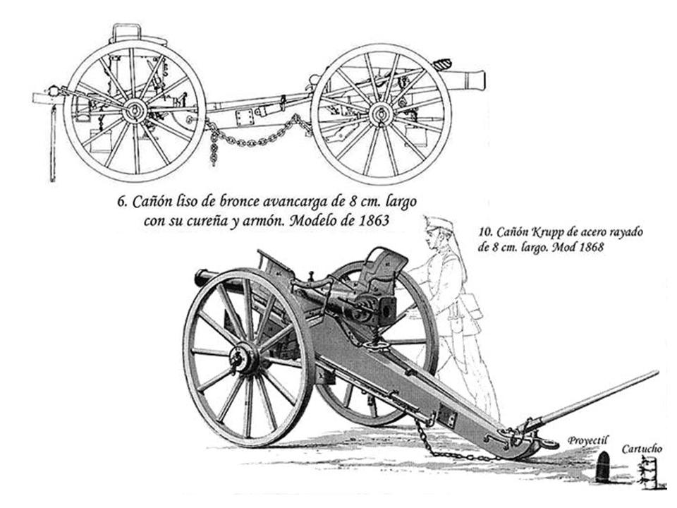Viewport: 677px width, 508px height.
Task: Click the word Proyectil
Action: pos(587,440)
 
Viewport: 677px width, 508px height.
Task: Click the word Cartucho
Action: pos(642,448)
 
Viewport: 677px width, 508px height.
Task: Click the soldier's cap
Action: pos(439,224)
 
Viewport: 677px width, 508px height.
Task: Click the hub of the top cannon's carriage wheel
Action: pos(381,113)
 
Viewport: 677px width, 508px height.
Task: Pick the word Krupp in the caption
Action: pos(535,234)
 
